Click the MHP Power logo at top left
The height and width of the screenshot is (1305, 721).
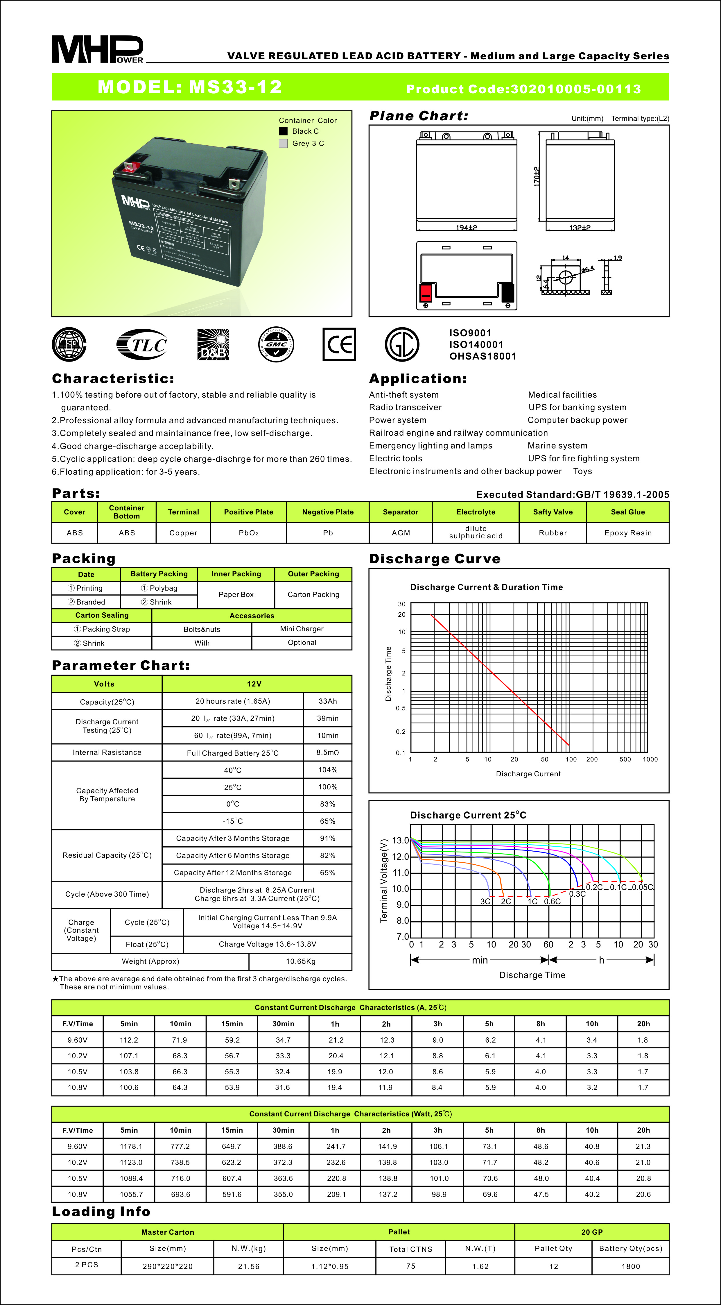coord(97,49)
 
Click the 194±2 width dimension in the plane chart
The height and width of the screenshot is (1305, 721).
coord(466,228)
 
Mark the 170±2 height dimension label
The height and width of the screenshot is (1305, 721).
coord(537,176)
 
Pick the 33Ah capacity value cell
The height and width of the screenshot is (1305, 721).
coord(328,701)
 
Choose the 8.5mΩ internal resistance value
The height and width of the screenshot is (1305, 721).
coord(328,752)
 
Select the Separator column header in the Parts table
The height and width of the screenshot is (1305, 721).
coord(401,512)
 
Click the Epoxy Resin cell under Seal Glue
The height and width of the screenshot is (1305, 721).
coord(628,533)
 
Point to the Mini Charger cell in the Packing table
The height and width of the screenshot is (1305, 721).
coord(302,629)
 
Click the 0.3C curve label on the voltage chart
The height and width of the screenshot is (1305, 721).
coord(577,894)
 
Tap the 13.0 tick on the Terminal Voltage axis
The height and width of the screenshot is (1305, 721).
coord(401,841)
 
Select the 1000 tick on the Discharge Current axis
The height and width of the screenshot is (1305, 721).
coord(650,759)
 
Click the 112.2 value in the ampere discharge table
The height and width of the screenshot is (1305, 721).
coord(129,1040)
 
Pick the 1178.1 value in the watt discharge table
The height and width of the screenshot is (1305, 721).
coord(131,1146)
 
